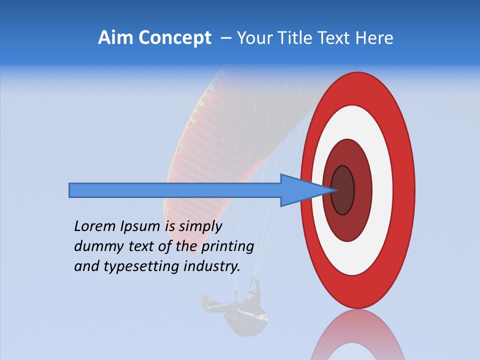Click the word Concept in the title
(x=174, y=38)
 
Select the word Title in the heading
(x=303, y=38)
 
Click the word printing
(x=228, y=246)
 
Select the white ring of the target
(x=382, y=190)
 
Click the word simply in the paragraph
(x=199, y=226)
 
